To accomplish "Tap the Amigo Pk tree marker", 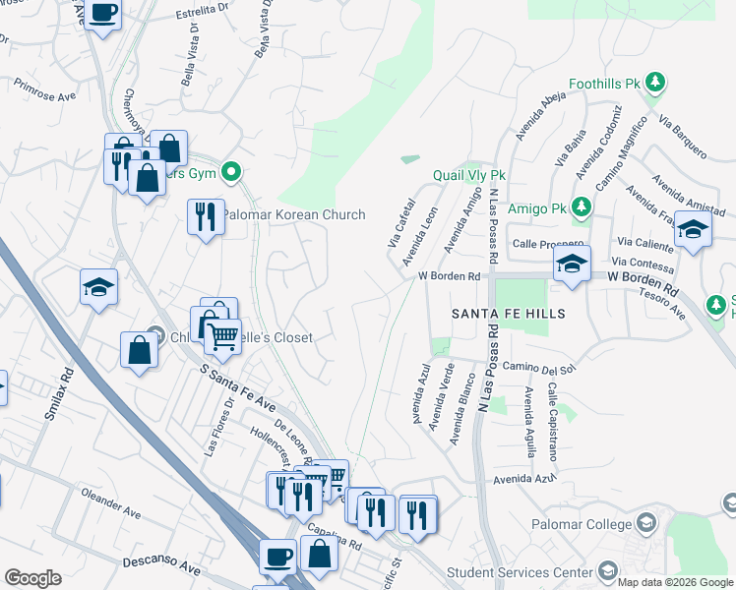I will tap(582, 207).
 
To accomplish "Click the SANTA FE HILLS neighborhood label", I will tap(509, 313).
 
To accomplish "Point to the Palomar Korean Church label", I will tap(293, 214).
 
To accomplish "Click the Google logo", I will tap(32, 578).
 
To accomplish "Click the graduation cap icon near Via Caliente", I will tap(694, 230).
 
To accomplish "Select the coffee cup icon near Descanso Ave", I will tap(277, 556).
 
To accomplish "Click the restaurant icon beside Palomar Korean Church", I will tap(206, 215).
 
